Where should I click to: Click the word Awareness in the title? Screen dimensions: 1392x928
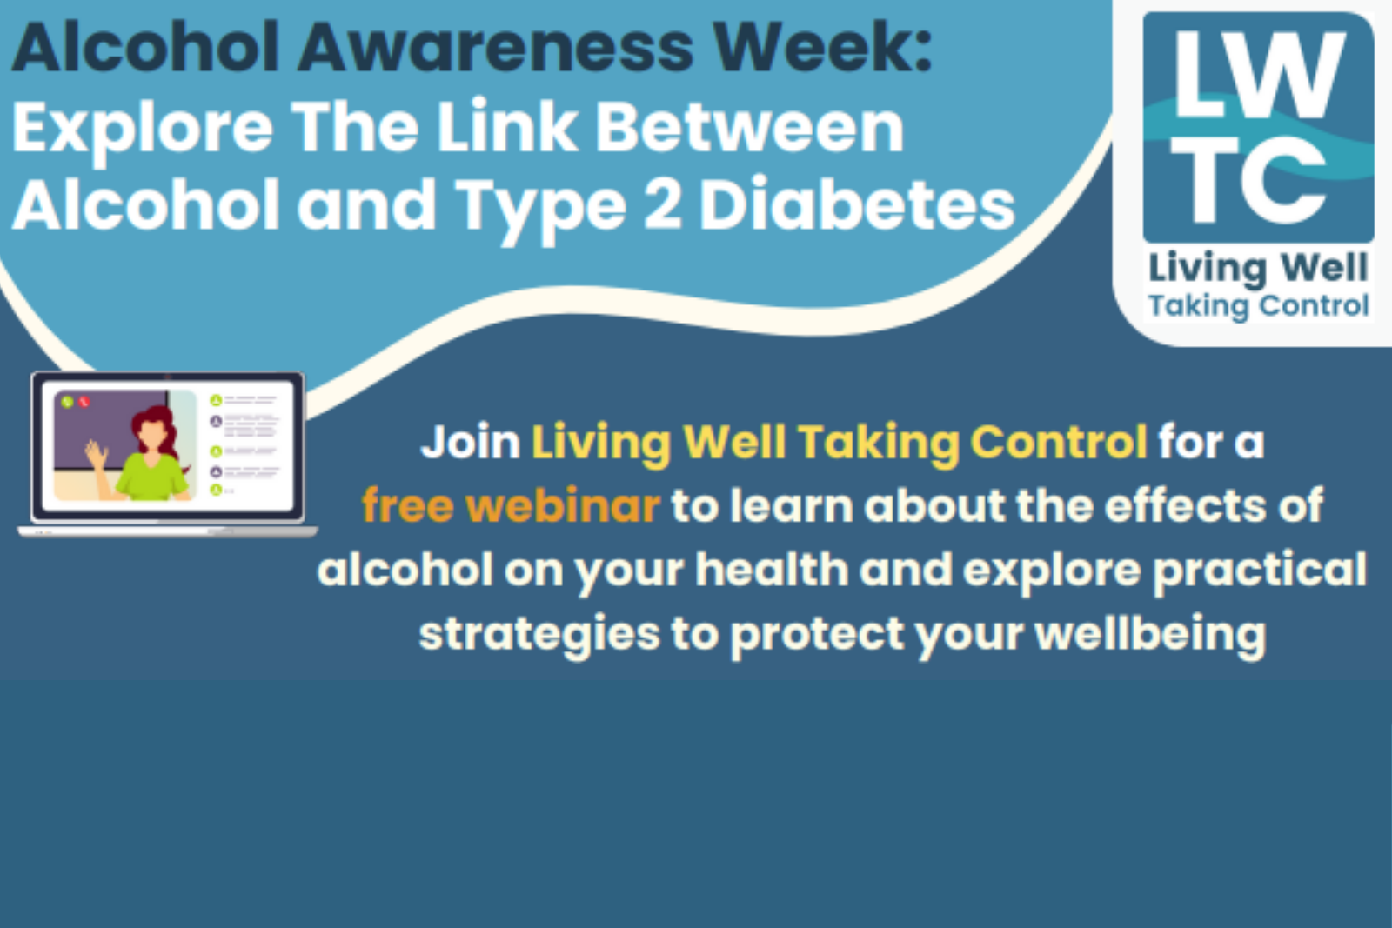pyautogui.click(x=495, y=48)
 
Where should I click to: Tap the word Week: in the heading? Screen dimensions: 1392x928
pyautogui.click(x=823, y=48)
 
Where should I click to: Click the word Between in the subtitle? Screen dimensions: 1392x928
pyautogui.click(x=749, y=127)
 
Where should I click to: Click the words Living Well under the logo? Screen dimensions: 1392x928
pyautogui.click(x=1258, y=269)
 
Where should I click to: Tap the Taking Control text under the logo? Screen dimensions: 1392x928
pyautogui.click(x=1258, y=306)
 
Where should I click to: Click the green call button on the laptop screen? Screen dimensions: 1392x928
pyautogui.click(x=67, y=402)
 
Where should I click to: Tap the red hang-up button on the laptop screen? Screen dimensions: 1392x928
pyautogui.click(x=84, y=402)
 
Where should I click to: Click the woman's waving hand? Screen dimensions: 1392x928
pyautogui.click(x=96, y=454)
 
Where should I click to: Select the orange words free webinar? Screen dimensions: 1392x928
pyautogui.click(x=510, y=505)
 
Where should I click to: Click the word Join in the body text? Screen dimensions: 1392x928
pyautogui.click(x=471, y=443)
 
